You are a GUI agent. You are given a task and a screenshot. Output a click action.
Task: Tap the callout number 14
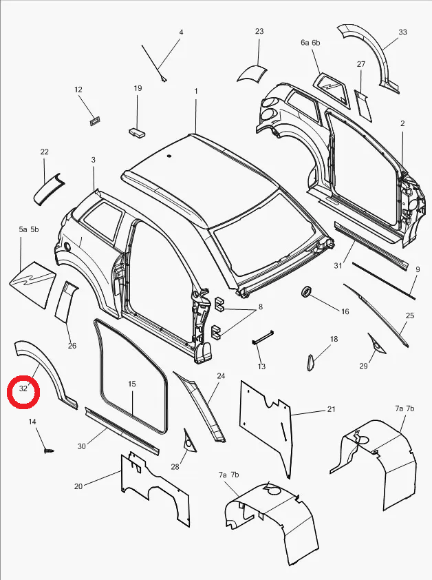pyautogui.click(x=32, y=422)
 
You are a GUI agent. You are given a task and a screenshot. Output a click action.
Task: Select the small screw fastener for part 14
pyautogui.click(x=48, y=451)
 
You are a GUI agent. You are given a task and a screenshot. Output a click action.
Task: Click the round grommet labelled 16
pyautogui.click(x=307, y=291)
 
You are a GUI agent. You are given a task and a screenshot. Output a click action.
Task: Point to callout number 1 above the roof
pyautogui.click(x=196, y=91)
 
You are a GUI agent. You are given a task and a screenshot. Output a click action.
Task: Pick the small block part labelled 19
pyautogui.click(x=137, y=133)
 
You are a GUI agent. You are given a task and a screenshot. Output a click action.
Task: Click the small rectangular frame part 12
pyautogui.click(x=96, y=121)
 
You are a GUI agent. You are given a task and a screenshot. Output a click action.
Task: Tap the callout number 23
pyautogui.click(x=259, y=31)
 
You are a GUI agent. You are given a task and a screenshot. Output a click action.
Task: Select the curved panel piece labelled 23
pyautogui.click(x=252, y=73)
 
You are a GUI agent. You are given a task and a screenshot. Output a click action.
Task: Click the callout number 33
pyautogui.click(x=403, y=32)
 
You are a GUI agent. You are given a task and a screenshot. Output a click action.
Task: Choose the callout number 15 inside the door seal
pyautogui.click(x=132, y=384)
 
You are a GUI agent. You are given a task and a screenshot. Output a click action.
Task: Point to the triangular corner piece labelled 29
pyautogui.click(x=376, y=343)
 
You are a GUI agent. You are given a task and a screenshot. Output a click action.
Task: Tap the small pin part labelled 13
pyautogui.click(x=263, y=337)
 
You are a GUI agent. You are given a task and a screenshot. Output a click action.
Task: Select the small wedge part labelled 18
pyautogui.click(x=310, y=362)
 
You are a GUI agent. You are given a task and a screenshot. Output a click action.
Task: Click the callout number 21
pyautogui.click(x=331, y=408)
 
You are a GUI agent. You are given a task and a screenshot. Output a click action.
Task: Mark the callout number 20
pyautogui.click(x=78, y=486)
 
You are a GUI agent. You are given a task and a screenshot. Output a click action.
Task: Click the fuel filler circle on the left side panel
pyautogui.click(x=67, y=246)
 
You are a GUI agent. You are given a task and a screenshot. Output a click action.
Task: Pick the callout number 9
pyautogui.click(x=418, y=269)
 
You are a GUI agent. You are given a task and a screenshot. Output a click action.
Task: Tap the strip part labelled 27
pyautogui.click(x=363, y=105)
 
